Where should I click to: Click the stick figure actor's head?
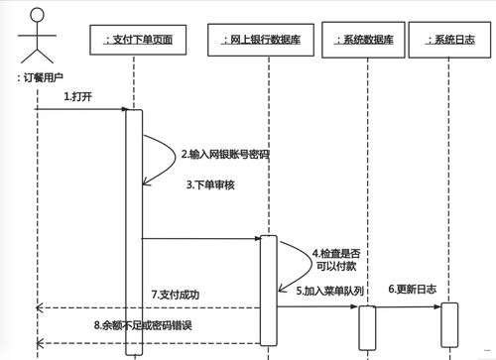coord(36,16)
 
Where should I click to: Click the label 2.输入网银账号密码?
coord(225,155)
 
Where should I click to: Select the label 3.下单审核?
coord(209,184)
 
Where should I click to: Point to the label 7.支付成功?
coord(176,295)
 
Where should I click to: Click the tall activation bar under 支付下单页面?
coord(134,228)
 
